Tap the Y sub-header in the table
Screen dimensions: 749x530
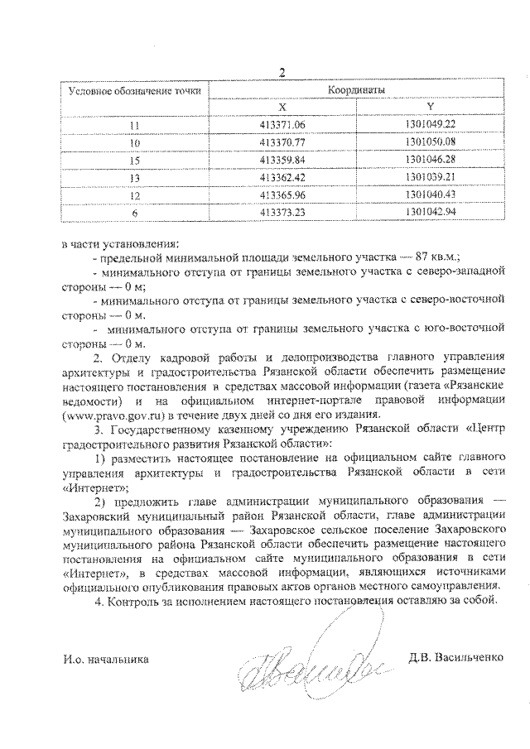pos(431,107)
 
